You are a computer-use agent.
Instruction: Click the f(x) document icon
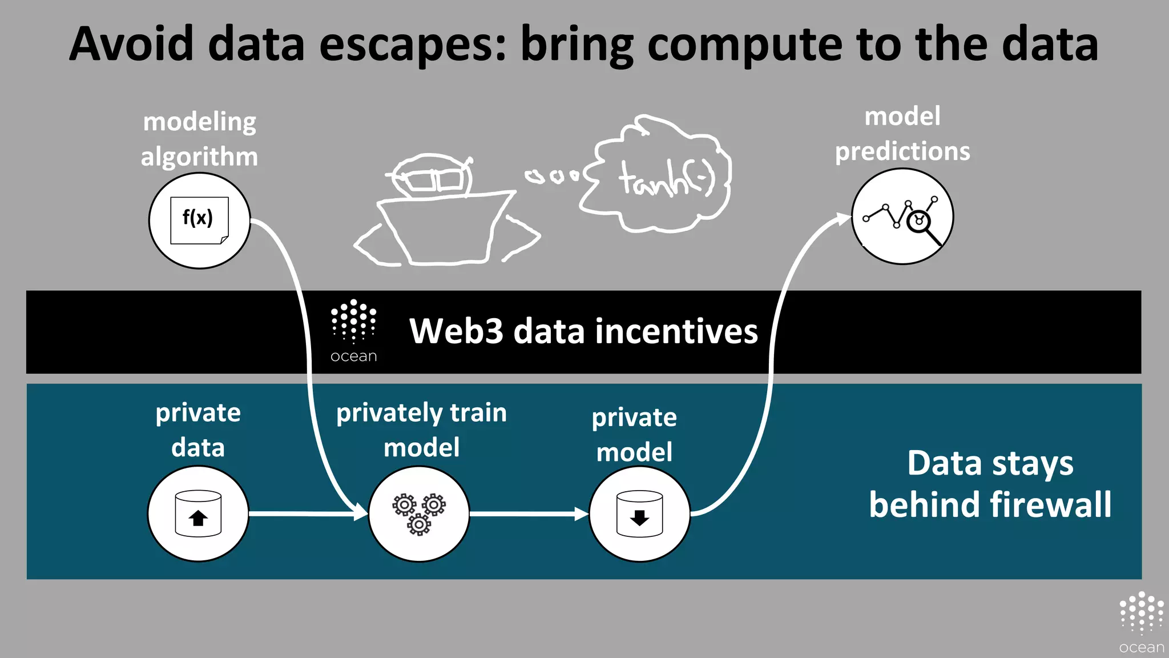199,220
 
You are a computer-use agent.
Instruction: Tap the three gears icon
419,513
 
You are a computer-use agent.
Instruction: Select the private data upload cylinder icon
198,513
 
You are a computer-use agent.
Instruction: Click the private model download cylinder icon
639,513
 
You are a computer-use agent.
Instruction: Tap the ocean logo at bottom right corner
1141,623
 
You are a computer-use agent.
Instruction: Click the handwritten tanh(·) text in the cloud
666,179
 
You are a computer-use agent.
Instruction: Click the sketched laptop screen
442,228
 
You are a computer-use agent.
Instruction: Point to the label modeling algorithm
200,139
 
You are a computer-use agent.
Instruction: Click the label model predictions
902,134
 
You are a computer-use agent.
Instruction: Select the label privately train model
421,430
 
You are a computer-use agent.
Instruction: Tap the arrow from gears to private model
528,513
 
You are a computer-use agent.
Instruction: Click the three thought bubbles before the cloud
553,175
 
